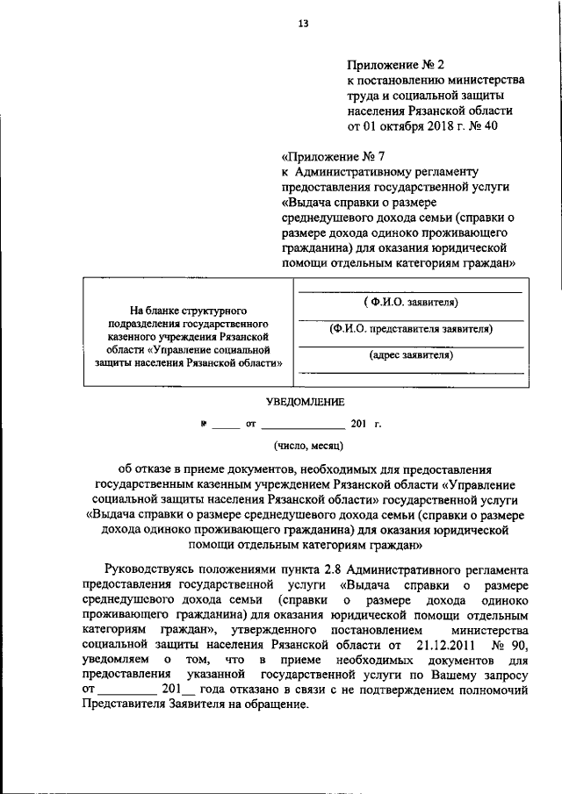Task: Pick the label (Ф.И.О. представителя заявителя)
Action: tap(410, 329)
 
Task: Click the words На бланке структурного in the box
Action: tap(187, 310)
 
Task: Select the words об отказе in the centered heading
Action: tap(147, 469)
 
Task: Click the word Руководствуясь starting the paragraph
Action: tap(153, 568)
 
